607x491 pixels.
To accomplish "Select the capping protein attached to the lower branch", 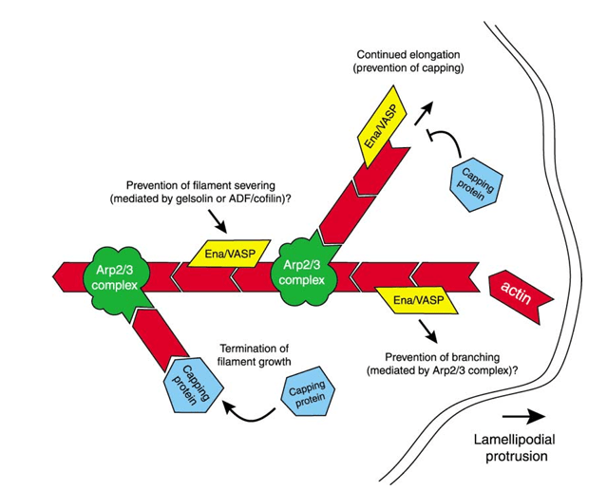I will click(x=196, y=385).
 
